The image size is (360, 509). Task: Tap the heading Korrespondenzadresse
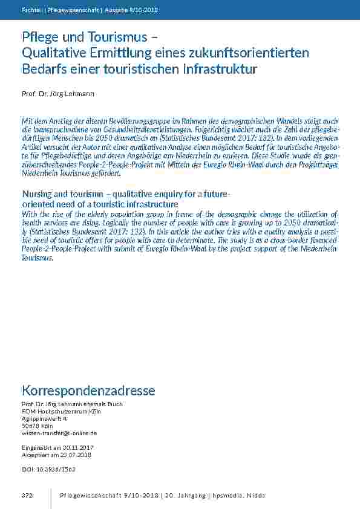click(x=88, y=391)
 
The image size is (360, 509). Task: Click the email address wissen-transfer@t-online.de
click(x=59, y=433)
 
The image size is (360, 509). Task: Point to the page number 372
click(x=27, y=496)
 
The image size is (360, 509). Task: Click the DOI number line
click(x=48, y=469)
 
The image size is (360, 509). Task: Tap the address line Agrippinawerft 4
click(x=44, y=418)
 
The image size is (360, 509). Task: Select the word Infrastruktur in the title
click(x=219, y=70)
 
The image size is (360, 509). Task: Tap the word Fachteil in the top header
click(x=30, y=10)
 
